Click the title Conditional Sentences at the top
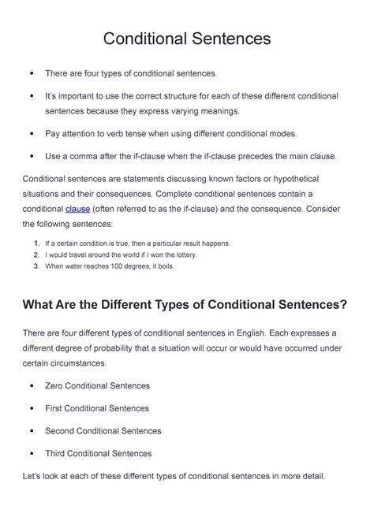[x=187, y=38]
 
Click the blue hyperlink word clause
[x=77, y=209]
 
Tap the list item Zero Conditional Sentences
[x=97, y=385]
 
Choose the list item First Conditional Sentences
[x=97, y=408]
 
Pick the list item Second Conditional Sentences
[x=103, y=431]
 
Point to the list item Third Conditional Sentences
[x=99, y=453]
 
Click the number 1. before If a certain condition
[x=36, y=244]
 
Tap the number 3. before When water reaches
[x=36, y=266]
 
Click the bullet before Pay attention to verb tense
[x=31, y=134]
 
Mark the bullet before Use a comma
[x=31, y=156]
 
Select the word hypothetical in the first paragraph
[x=308, y=179]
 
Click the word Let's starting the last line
[x=35, y=476]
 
